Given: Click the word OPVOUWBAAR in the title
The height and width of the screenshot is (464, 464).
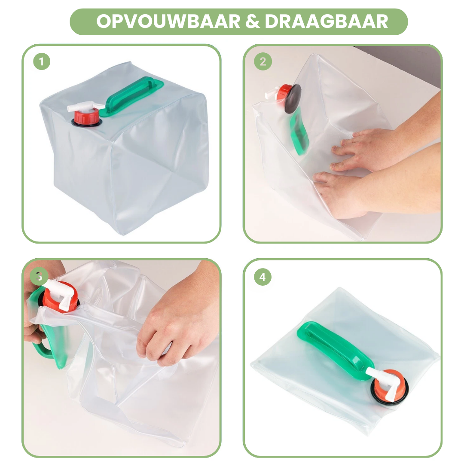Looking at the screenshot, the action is point(168,21).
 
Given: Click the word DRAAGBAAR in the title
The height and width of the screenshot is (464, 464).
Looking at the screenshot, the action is point(327,21).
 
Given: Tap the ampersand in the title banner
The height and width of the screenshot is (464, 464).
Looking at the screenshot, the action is point(253,21).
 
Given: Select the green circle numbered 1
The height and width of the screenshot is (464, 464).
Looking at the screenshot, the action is point(42,61).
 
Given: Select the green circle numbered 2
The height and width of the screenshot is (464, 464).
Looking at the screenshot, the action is point(263,61).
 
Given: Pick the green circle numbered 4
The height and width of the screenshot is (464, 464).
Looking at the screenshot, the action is point(263,277).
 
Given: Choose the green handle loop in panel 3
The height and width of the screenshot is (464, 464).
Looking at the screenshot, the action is point(47,337).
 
